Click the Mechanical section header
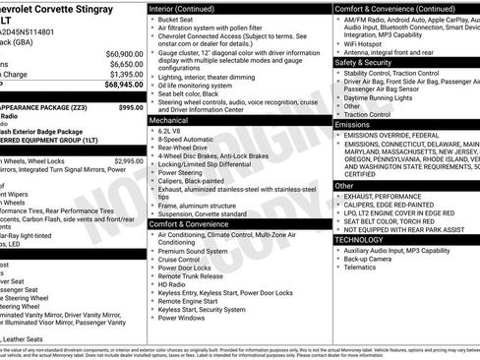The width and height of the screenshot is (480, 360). click(169, 120)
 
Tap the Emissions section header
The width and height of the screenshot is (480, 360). click(352, 125)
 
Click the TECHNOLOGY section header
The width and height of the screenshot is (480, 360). click(359, 239)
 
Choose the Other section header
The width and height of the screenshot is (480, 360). click(344, 185)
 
